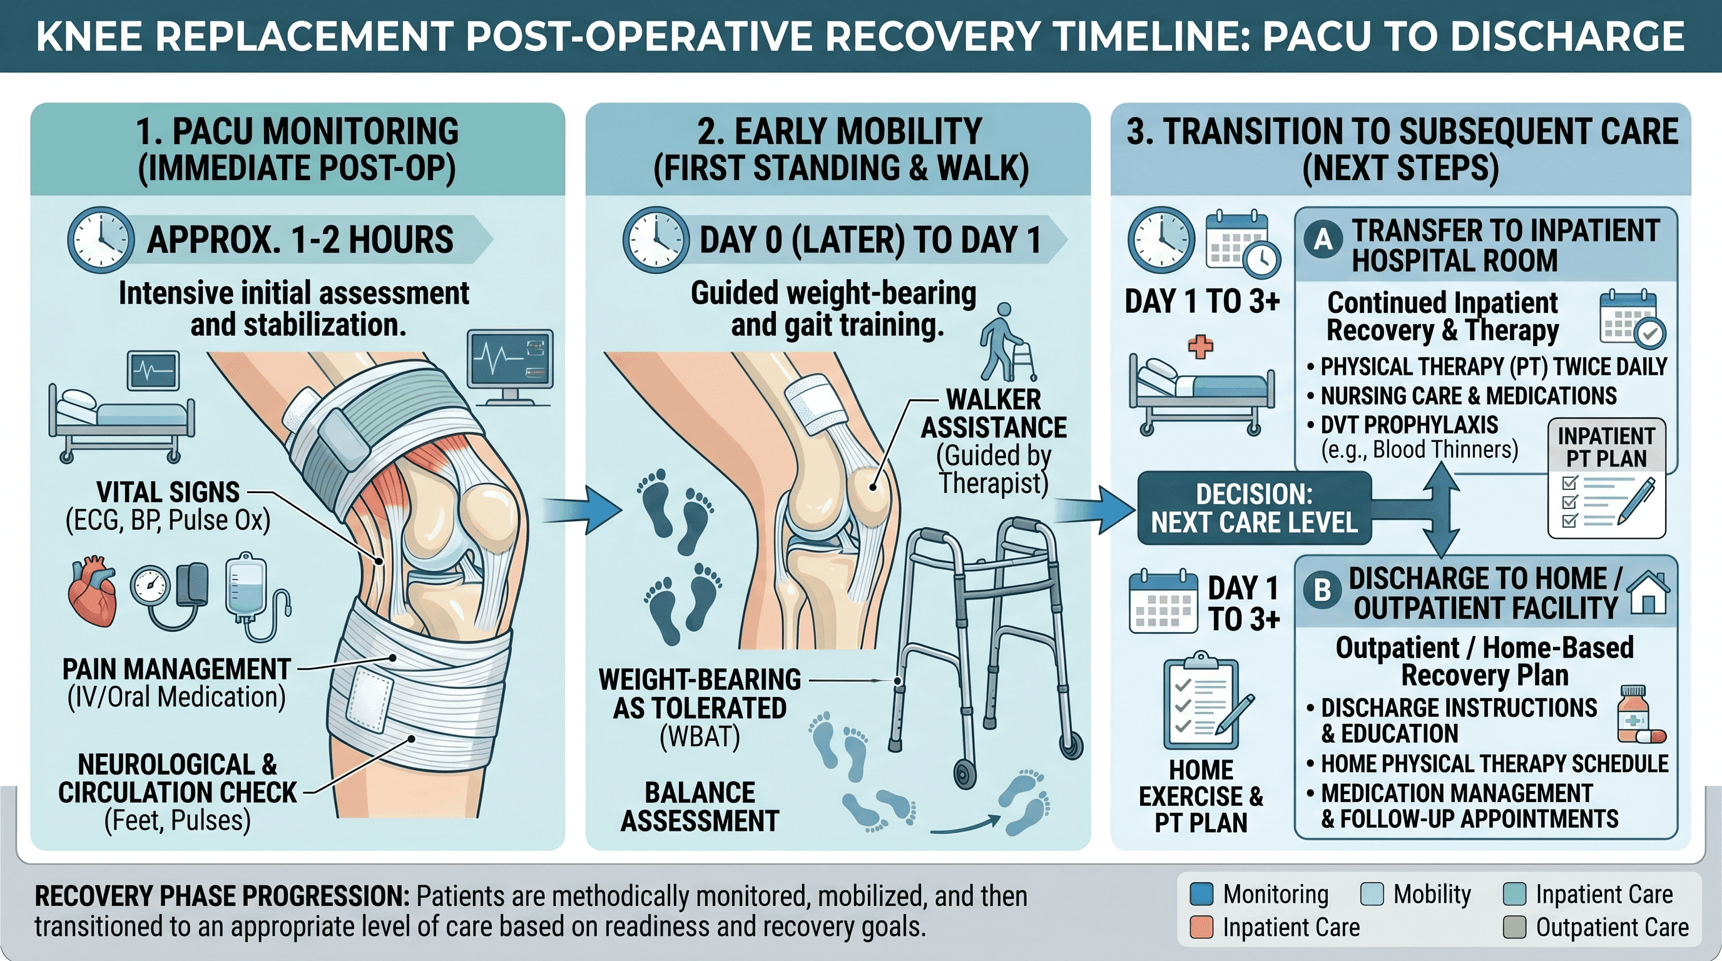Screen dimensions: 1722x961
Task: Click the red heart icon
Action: (x=93, y=592)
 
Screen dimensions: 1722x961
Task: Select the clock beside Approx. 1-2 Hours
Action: (x=100, y=240)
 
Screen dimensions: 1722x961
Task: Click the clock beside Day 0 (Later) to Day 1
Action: (x=655, y=240)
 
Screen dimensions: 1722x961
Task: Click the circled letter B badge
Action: (x=1322, y=589)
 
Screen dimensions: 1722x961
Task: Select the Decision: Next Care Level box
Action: (x=1254, y=508)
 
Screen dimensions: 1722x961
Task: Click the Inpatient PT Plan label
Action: (x=1606, y=447)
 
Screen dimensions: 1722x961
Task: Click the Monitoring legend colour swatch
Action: (x=1202, y=893)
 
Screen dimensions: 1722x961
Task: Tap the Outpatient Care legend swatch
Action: (x=1515, y=927)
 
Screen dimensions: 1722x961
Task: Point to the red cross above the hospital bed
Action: (x=1200, y=347)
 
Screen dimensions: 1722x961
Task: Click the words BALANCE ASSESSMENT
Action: (x=700, y=806)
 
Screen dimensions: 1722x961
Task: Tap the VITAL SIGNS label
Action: (x=168, y=492)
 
